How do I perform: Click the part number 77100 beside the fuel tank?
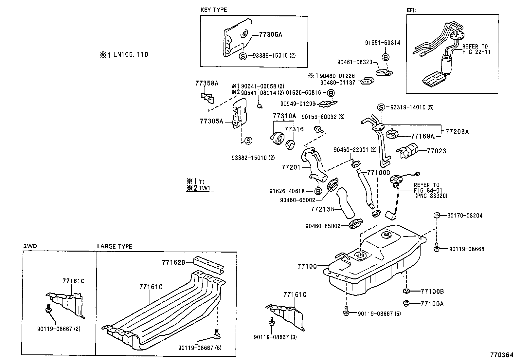tap(307, 266)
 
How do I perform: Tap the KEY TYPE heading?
tap(213, 10)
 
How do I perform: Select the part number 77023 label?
tap(437, 151)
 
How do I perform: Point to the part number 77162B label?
tap(173, 262)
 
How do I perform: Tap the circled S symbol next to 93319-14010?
tap(381, 107)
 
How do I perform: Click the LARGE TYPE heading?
tap(115, 246)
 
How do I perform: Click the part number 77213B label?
tap(322, 209)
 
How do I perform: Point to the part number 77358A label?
tap(207, 83)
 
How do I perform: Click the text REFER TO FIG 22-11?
tap(476, 49)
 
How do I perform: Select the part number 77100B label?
tap(432, 291)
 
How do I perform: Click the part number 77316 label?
tap(294, 129)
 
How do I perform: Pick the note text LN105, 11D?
tap(131, 55)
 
